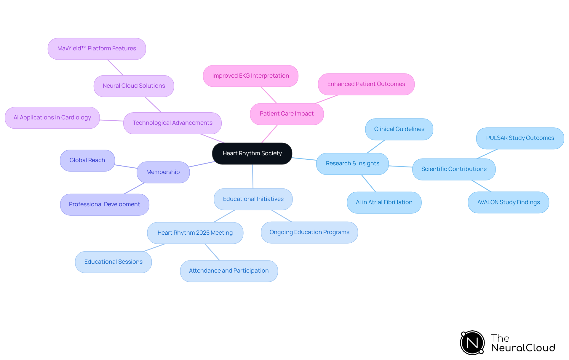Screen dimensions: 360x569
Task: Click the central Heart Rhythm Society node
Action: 252,153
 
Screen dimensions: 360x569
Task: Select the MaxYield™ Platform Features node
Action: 97,49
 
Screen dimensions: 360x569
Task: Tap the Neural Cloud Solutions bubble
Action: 134,86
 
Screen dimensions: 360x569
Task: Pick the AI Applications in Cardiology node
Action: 52,118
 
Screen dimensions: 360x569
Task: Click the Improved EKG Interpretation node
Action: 250,76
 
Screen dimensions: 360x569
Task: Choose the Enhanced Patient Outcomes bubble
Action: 366,84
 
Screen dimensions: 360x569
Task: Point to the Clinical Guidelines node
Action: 399,129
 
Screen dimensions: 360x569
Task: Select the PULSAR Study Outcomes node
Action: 520,138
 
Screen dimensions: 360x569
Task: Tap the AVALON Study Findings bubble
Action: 508,202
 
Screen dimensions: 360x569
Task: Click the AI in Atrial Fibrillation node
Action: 384,202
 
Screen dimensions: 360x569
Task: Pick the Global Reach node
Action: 87,160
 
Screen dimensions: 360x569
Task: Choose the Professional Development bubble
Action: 104,204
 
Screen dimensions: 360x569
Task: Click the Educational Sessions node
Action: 113,262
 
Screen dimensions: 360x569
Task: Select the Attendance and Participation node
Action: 229,271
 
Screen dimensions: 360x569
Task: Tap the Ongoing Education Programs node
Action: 309,232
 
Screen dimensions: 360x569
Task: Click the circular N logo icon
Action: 472,343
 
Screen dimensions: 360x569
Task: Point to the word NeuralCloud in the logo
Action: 523,348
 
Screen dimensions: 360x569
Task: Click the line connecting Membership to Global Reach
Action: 126,167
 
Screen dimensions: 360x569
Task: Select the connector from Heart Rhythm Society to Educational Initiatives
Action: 253,177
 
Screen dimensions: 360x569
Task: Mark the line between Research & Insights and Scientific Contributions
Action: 400,167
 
